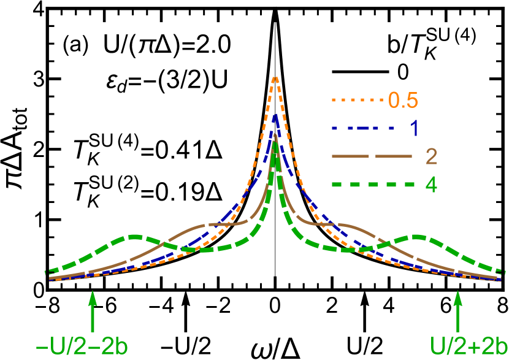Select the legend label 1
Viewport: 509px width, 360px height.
[414, 128]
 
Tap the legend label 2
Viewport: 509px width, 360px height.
[431, 157]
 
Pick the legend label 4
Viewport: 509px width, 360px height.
[431, 185]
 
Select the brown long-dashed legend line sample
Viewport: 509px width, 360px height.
[371, 157]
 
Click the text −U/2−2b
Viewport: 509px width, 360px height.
[81, 347]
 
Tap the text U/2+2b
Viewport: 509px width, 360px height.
[469, 347]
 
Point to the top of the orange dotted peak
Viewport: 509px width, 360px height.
[275, 77]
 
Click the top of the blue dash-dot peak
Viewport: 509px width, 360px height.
[275, 115]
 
